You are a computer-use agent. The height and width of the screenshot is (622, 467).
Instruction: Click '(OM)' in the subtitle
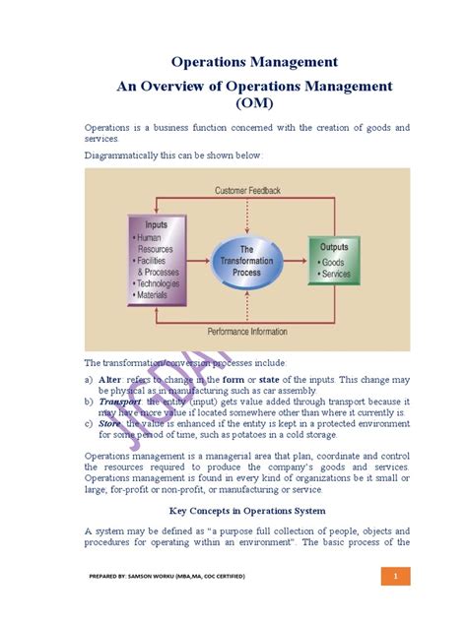(x=255, y=102)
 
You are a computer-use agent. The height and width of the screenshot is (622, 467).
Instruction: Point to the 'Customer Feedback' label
(x=247, y=190)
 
